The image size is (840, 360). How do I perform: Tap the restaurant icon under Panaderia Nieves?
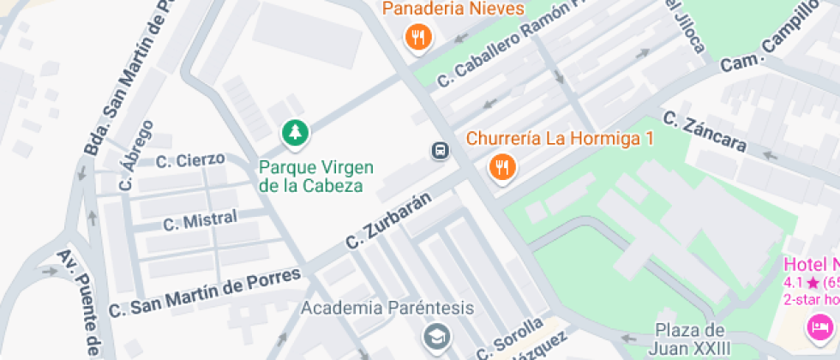tap(418, 36)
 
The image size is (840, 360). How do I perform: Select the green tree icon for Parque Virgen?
tap(295, 133)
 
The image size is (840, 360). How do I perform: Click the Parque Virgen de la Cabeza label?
tap(311, 176)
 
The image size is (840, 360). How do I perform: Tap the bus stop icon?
tap(440, 151)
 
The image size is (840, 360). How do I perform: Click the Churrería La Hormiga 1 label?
tap(560, 138)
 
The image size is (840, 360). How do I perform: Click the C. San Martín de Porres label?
tap(205, 293)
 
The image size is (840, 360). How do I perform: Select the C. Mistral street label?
tap(200, 221)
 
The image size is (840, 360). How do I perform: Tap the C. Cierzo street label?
tap(190, 159)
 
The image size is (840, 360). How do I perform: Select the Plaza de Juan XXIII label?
tap(693, 339)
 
